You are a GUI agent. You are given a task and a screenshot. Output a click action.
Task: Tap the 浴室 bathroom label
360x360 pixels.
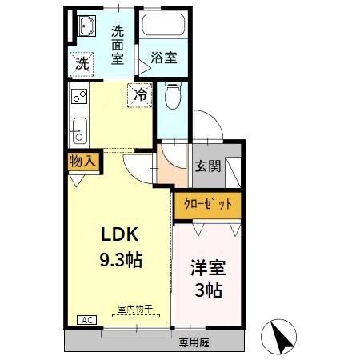[x=164, y=58]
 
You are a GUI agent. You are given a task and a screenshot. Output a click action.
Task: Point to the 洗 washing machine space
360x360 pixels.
[x=81, y=64]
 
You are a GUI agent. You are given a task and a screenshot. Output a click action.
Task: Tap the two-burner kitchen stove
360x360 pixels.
[x=79, y=98]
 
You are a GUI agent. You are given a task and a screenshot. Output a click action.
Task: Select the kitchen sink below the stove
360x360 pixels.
[x=78, y=127]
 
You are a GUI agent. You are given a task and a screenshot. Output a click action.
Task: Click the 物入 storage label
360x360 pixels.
[x=82, y=160]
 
